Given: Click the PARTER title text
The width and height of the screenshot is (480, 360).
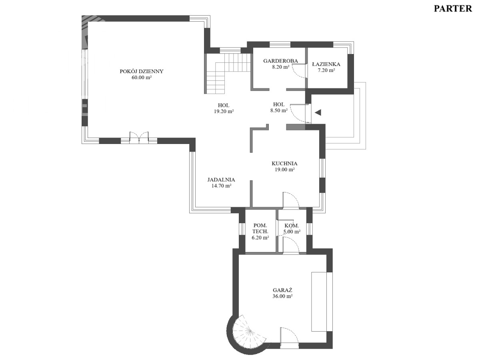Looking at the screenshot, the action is (453, 9).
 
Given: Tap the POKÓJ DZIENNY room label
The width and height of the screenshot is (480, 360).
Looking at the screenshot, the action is (142, 71).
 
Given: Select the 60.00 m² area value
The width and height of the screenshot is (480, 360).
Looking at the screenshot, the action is (142, 77).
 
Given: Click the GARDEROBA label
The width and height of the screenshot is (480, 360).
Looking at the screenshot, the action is (280, 61).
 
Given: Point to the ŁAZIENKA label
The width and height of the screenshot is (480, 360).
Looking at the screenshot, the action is (326, 64).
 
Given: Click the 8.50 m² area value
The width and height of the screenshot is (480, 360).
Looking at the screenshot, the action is (279, 110).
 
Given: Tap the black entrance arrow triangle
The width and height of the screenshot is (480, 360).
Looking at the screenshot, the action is (318, 112).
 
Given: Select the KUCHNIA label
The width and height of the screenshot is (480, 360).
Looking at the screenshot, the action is (284, 164).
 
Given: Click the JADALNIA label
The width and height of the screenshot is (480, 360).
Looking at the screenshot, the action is (221, 180).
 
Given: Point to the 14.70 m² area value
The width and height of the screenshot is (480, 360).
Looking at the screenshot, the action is (222, 186).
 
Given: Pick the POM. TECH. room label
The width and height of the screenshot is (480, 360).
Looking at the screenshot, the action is (260, 228).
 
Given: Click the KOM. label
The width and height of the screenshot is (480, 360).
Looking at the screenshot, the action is (292, 226).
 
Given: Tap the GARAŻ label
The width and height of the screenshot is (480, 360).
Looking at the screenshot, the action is (282, 290).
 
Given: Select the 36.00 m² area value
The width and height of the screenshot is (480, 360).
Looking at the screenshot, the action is (282, 296).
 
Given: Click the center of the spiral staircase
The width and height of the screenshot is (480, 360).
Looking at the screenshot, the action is (250, 332).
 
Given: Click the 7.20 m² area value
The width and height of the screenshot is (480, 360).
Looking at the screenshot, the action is (326, 70).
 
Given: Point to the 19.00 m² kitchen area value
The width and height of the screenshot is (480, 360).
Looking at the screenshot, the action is (285, 169).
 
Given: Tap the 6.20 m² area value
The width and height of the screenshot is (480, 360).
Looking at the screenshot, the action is (260, 238).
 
